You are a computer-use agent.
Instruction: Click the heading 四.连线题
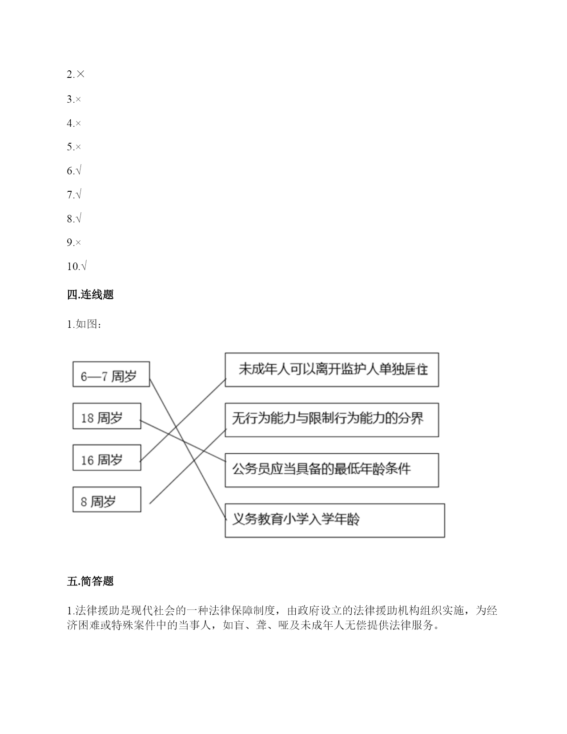[x=90, y=294]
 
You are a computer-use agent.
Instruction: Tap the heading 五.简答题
[x=90, y=581]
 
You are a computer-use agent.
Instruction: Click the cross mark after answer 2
[x=80, y=74]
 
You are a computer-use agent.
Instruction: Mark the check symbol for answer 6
[x=78, y=170]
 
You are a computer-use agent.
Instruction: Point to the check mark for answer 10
[x=84, y=266]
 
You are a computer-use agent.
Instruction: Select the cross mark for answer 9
[x=78, y=242]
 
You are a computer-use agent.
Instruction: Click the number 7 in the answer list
[x=69, y=194]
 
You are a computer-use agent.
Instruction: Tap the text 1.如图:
[x=84, y=324]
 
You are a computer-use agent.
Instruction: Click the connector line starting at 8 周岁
[x=188, y=466]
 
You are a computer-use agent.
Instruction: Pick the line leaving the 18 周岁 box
[x=183, y=441]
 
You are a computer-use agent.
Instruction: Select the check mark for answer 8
[x=78, y=218]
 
